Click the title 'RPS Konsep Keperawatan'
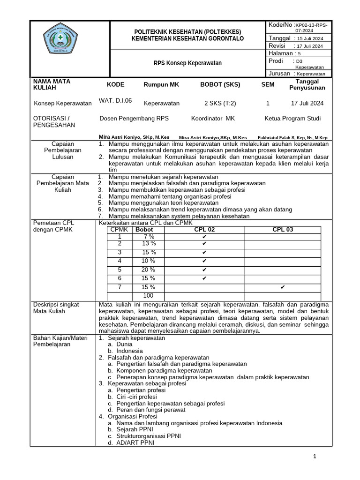click(188, 63)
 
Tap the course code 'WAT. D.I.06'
click(115, 100)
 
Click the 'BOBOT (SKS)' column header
click(220, 84)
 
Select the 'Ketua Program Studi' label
click(293, 119)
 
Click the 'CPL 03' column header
click(283, 230)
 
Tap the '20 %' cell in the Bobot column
click(148, 270)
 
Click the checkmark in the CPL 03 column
click(283, 287)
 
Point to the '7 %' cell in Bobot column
click(148, 237)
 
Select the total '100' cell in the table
click(148, 295)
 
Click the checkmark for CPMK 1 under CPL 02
click(204, 237)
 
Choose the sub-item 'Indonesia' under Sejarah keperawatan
click(129, 350)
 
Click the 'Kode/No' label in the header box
click(280, 24)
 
